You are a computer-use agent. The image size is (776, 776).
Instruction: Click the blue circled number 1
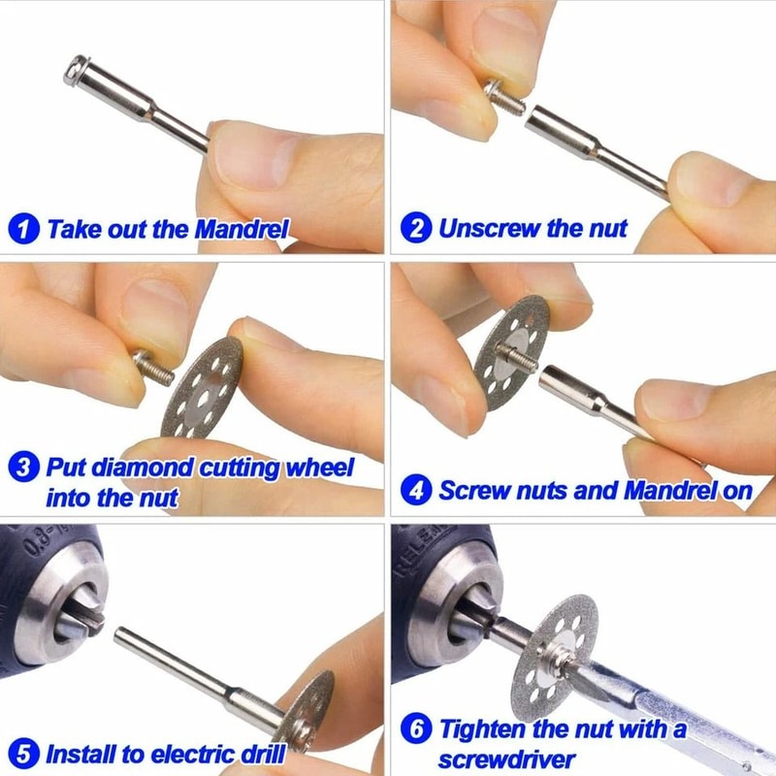(x=24, y=230)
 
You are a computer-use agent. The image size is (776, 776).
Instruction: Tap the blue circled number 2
(x=416, y=230)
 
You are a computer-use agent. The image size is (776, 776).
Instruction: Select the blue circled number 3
(x=24, y=469)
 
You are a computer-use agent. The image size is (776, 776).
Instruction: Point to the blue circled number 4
(x=416, y=491)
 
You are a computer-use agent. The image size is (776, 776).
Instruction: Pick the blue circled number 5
(x=24, y=753)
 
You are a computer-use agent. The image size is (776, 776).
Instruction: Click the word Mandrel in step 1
(x=241, y=230)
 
